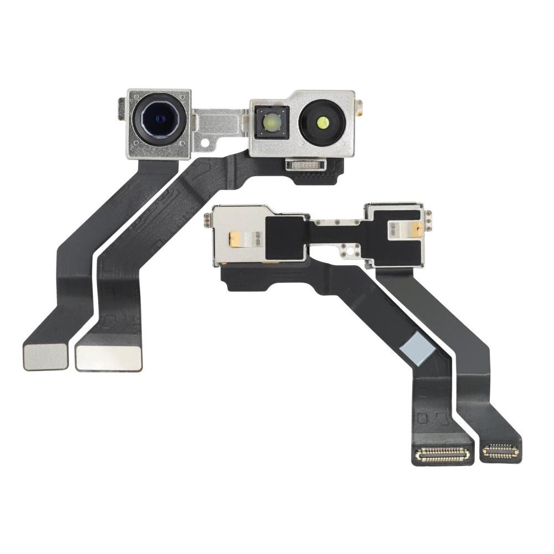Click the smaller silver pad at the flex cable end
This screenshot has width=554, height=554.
(x=45, y=358)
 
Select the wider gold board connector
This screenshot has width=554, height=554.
(x=442, y=454)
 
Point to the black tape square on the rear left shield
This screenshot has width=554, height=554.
(x=285, y=237)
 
